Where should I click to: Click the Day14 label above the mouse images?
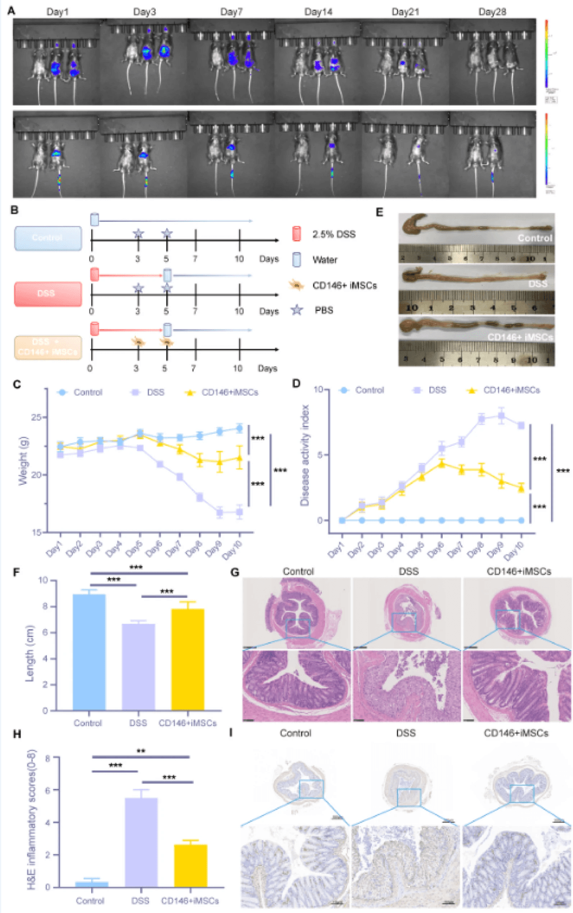(318, 12)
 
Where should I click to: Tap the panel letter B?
(14, 210)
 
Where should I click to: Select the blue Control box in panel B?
(48, 238)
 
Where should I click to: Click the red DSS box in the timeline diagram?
(48, 293)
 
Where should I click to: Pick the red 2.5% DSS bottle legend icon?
(297, 234)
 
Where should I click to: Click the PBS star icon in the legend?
(297, 310)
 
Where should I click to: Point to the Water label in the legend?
(325, 260)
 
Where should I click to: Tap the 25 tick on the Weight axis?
(36, 418)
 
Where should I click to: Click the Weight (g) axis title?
(23, 460)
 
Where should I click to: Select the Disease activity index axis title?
(305, 455)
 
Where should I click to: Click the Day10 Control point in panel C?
(239, 429)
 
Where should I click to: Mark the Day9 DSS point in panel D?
(501, 416)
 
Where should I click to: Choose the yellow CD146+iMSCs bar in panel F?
(188, 659)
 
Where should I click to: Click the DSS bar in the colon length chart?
(138, 667)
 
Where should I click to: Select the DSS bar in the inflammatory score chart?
(141, 842)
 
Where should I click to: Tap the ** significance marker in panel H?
(141, 751)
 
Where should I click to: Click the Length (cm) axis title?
(30, 653)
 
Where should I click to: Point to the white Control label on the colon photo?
(535, 238)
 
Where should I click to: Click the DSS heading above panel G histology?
(409, 571)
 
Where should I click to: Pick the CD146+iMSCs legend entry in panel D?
(511, 390)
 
